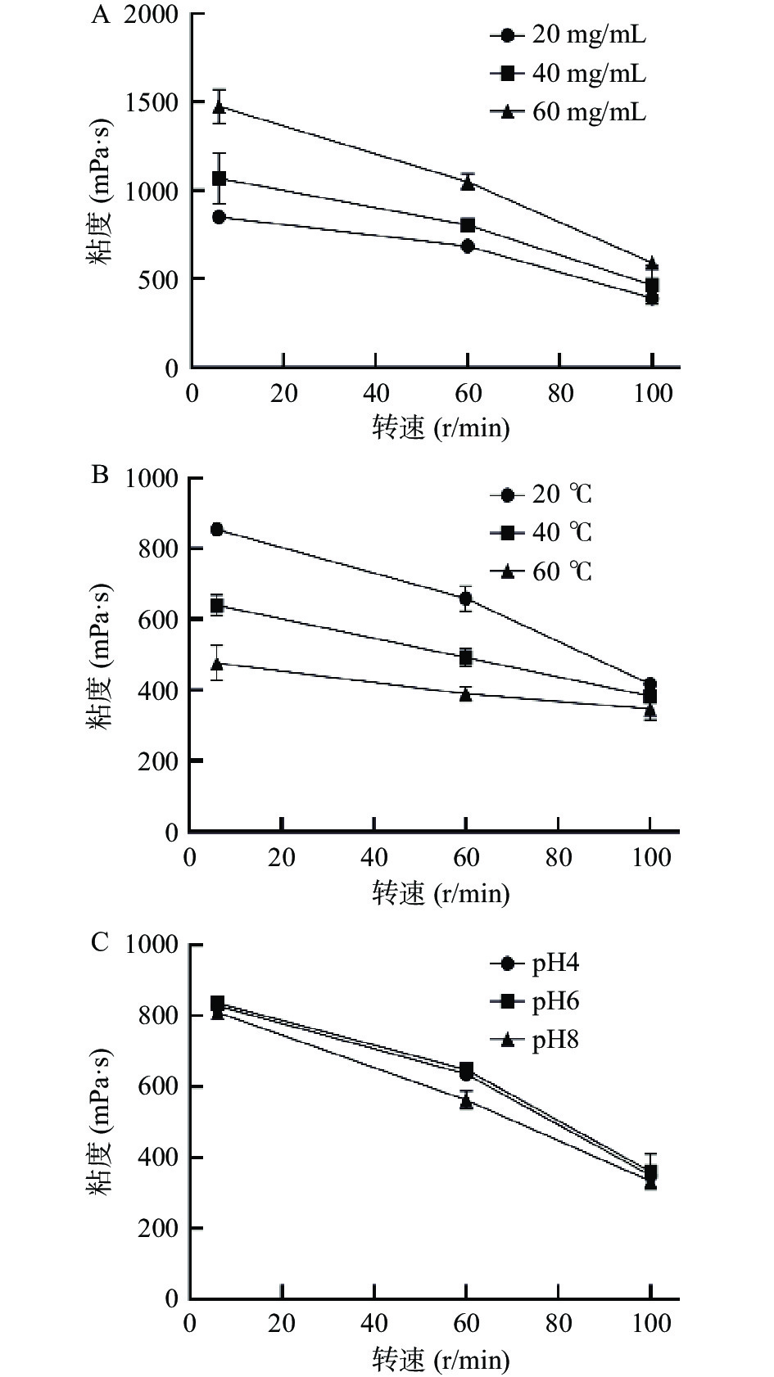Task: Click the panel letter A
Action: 99,16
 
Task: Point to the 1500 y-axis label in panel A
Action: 153,103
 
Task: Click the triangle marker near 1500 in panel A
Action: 219,107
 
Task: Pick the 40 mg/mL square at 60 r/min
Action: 468,225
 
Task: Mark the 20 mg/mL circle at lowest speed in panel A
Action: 219,217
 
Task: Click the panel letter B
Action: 99,475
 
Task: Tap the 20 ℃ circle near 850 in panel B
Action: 217,530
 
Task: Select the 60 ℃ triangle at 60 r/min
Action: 466,695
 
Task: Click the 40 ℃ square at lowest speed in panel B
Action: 217,606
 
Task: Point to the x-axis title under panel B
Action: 441,892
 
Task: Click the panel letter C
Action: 99,942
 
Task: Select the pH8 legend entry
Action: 554,1041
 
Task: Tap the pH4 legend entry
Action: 554,964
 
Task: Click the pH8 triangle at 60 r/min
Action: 466,1102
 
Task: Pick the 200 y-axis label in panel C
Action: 159,1228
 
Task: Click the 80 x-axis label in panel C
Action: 559,1323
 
